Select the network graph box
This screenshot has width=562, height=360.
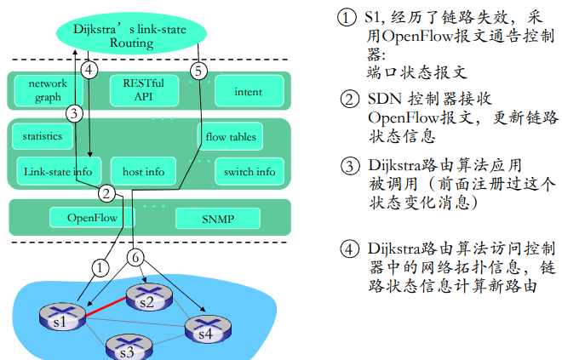pos(48,90)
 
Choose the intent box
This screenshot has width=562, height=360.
pos(248,91)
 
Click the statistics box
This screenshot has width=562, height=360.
pos(43,136)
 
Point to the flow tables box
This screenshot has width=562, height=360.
pos(231,136)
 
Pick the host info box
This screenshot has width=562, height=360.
pos(143,171)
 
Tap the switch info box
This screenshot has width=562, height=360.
pos(249,171)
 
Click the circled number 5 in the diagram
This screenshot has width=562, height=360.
pos(198,70)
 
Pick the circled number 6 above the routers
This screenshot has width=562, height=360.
pos(137,256)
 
